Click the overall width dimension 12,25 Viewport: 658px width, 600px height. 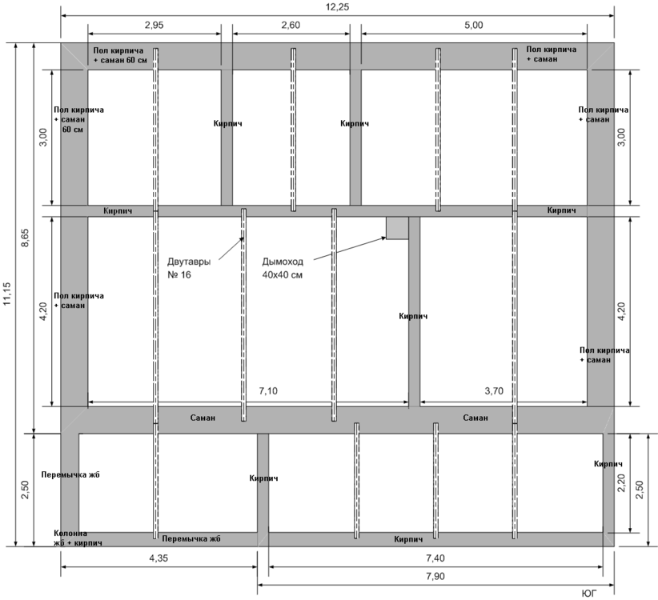tap(337, 7)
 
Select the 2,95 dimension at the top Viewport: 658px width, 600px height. tap(154, 25)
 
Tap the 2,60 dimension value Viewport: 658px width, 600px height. tap(291, 25)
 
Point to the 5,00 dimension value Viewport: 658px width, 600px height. tap(474, 25)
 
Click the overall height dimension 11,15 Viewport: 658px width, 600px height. tap(7, 294)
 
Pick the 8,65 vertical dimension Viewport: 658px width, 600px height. tap(25, 238)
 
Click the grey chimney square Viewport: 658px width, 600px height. tap(397, 228)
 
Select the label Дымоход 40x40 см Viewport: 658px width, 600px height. tap(283, 268)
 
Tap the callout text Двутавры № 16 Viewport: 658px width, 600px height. tap(189, 268)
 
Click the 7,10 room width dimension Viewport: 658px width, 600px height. tap(268, 391)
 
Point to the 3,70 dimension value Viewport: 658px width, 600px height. tap(494, 391)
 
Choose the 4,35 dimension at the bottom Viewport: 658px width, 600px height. tap(158, 558)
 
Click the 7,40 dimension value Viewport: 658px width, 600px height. tap(435, 558)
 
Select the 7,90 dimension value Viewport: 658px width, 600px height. tap(435, 577)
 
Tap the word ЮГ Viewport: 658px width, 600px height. tap(589, 594)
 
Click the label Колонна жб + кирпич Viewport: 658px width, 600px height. tap(78, 538)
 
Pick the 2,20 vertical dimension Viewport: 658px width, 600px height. tap(621, 482)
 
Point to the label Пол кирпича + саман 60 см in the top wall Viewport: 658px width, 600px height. tap(120, 55)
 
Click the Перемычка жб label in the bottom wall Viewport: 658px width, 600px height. tap(191, 538)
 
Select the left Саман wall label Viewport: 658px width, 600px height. tap(203, 418)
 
